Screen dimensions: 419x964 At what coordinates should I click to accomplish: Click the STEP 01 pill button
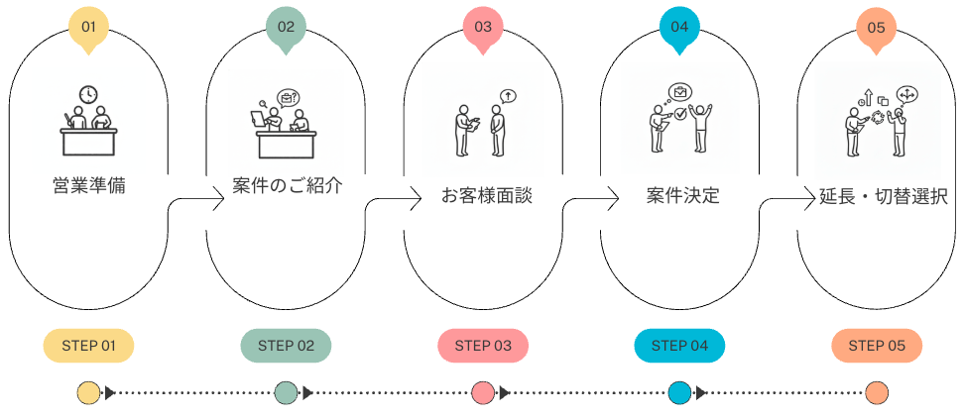88,346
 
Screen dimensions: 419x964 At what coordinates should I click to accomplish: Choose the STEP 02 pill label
286,346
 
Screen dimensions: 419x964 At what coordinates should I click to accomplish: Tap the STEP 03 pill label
483,346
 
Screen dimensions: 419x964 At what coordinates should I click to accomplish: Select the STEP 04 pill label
679,346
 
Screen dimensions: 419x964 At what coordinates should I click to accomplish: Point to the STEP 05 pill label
877,346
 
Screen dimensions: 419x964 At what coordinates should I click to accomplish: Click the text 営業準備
88,185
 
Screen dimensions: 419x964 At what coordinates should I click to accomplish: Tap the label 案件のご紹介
288,185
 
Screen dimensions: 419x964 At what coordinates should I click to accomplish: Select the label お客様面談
486,196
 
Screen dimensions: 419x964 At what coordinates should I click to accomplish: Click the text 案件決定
682,196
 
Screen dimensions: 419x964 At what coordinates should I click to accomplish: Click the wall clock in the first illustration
89,94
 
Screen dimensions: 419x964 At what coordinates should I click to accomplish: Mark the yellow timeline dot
88,393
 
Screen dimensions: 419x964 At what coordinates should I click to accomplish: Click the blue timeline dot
679,393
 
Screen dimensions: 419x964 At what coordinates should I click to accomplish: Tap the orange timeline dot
876,393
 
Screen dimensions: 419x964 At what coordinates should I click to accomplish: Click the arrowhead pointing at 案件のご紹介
220,201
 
